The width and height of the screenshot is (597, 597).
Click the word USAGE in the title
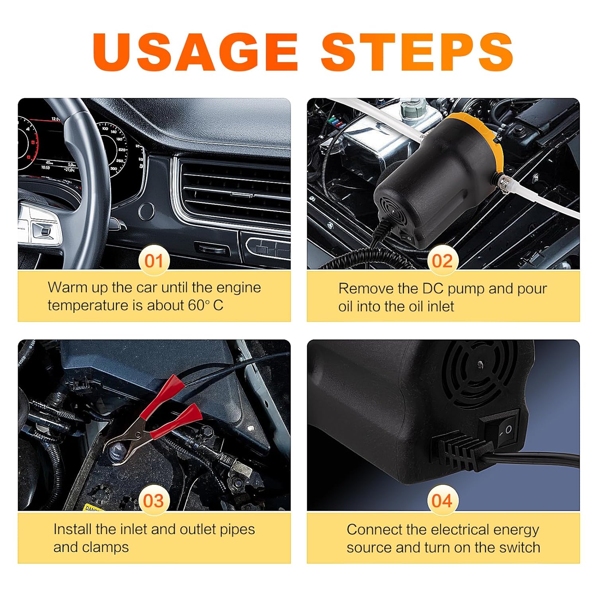point(195,52)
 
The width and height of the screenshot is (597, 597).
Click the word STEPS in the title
point(417,52)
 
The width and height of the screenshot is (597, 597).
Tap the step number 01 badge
point(154,261)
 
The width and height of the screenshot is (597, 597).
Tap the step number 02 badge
point(442,261)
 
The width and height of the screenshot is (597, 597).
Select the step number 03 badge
point(154,501)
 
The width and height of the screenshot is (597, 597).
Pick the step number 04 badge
point(442,501)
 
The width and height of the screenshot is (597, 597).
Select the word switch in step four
point(520,547)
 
